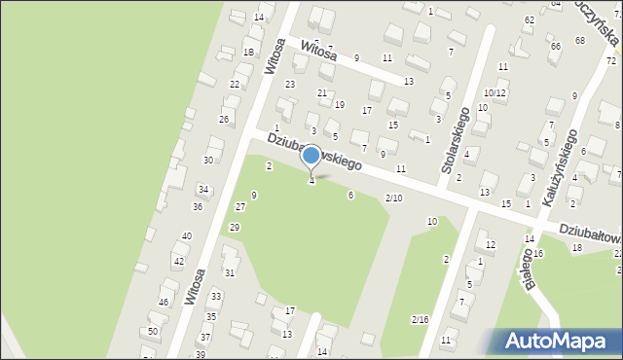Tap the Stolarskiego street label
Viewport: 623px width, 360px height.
coord(456,140)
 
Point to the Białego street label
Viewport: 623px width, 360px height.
coord(531,269)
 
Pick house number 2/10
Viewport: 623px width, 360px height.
coord(393,198)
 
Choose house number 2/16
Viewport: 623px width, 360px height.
coord(420,320)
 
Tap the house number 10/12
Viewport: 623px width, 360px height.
coord(495,93)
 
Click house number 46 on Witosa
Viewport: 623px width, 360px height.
coord(164,303)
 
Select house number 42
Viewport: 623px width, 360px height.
coord(178,262)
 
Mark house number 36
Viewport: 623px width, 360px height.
coord(198,206)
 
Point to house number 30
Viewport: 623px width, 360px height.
coord(207,160)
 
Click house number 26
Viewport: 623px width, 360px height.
coord(224,120)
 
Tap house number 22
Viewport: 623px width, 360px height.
coord(235,85)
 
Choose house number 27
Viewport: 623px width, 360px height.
coord(239,207)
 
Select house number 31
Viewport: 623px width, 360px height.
coord(229,273)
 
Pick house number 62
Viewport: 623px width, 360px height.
coord(530,19)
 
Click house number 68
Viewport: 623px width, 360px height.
coord(580,40)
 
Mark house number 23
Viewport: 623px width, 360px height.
coord(289,85)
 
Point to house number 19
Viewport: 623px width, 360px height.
coord(339,104)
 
